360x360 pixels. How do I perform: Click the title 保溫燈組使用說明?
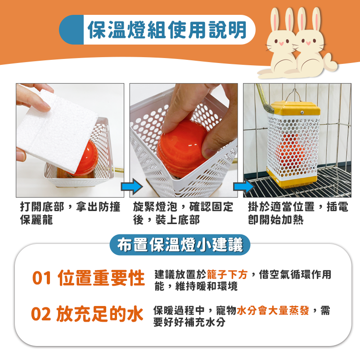point(167,30)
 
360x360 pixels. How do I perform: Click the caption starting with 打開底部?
point(70,213)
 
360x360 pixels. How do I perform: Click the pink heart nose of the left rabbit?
point(282,44)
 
